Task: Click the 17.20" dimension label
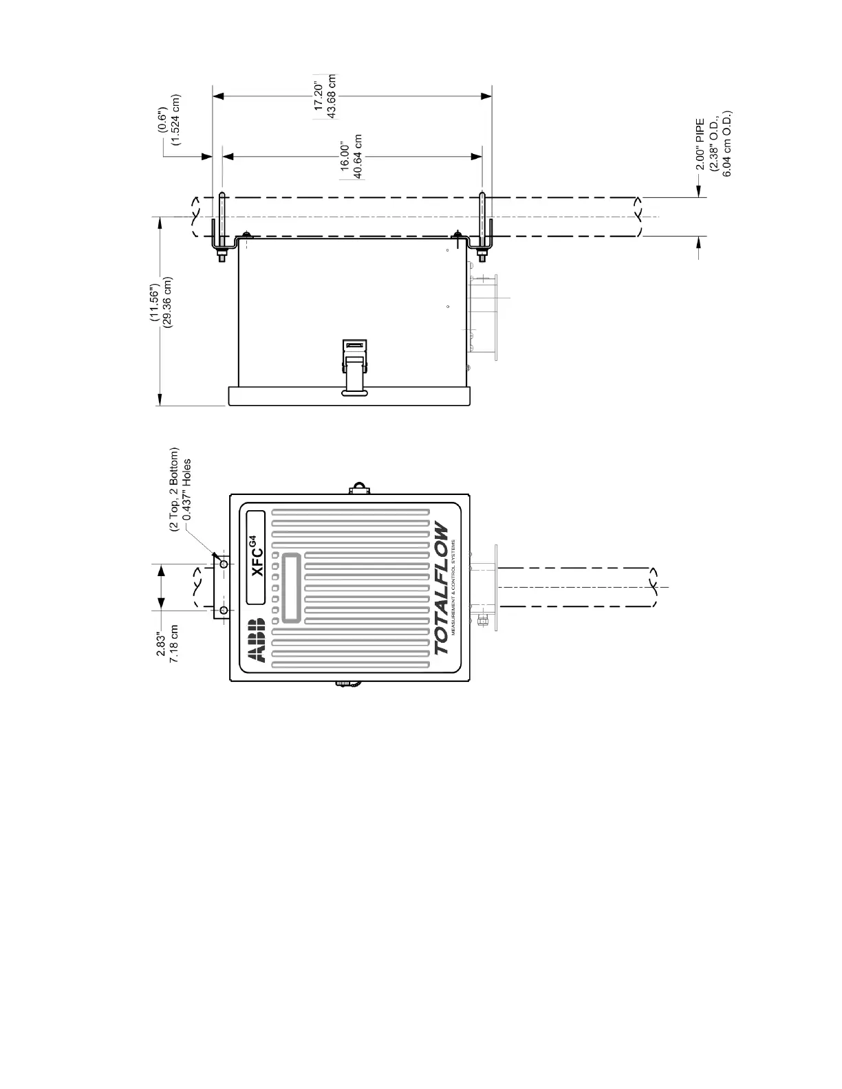[x=318, y=97]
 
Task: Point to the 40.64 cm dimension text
[x=358, y=157]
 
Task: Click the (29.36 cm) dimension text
[x=167, y=302]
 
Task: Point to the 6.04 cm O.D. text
[x=726, y=143]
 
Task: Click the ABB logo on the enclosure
[x=256, y=640]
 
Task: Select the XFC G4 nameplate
[x=256, y=558]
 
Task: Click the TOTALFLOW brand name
[x=441, y=590]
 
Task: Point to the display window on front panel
[x=292, y=588]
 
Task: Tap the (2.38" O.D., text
[x=714, y=144]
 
